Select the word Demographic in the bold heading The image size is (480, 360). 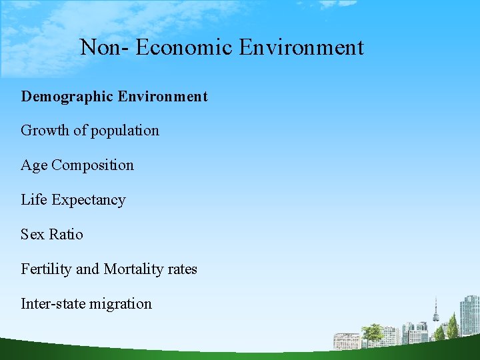[x=67, y=97]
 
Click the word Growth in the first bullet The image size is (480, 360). [x=45, y=131]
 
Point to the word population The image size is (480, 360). [x=124, y=131]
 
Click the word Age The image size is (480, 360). [x=34, y=166]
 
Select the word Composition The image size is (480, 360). [x=93, y=166]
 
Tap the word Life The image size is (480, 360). [x=34, y=200]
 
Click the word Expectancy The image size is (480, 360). [x=89, y=201]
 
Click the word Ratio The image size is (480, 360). [x=67, y=235]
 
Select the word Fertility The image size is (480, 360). [x=46, y=269]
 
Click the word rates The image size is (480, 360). [x=183, y=269]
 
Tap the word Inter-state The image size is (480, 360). [x=53, y=304]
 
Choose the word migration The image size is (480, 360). [x=121, y=304]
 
